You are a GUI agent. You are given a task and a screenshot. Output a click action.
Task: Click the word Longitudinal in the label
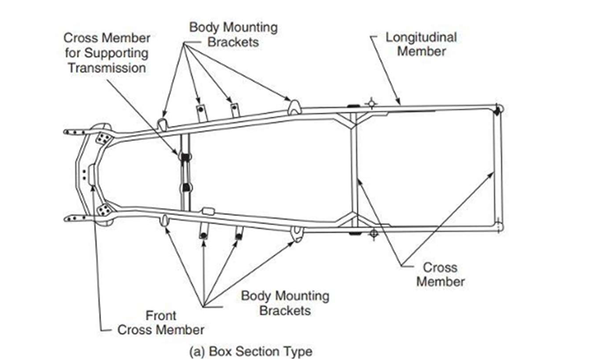(421, 37)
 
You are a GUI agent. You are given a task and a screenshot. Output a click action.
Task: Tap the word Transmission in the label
(107, 68)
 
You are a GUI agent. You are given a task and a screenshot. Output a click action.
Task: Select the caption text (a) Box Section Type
(251, 351)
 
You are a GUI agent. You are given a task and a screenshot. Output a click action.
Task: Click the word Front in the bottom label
(161, 315)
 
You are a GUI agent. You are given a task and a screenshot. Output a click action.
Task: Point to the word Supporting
(116, 54)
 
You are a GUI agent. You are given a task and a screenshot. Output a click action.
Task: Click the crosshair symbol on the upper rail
(371, 103)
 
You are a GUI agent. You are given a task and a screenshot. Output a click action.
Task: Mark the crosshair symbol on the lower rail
(373, 234)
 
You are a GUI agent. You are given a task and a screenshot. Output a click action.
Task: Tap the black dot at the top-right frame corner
(497, 110)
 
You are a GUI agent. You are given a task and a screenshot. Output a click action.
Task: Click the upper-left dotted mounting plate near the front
(103, 139)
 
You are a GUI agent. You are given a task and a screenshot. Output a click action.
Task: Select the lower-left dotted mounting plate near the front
(104, 210)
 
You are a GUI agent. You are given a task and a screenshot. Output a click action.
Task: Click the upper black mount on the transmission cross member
(185, 157)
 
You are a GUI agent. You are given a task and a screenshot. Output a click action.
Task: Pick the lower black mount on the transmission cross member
(186, 187)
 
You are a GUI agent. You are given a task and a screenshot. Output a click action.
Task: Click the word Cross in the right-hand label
(440, 267)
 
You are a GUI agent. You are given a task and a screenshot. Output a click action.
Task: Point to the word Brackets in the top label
(233, 42)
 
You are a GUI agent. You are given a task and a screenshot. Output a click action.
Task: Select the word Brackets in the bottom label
(285, 311)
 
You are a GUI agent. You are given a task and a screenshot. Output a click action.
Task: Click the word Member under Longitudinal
(422, 51)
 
